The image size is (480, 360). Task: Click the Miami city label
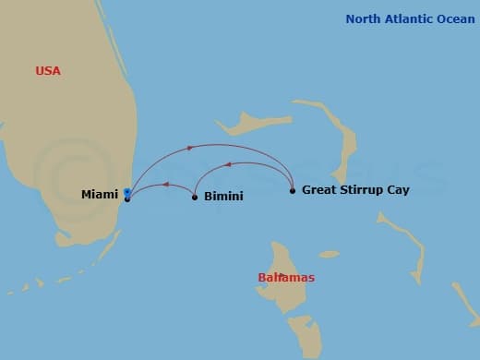point(99,194)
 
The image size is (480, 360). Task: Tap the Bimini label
point(224,197)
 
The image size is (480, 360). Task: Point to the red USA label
point(48,71)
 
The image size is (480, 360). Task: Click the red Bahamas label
point(286,278)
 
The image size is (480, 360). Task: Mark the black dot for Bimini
point(195,197)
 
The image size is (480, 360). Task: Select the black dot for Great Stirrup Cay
point(293,191)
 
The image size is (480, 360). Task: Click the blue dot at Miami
point(126,192)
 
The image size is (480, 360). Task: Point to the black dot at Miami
point(127,198)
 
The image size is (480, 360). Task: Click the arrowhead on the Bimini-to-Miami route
point(164,185)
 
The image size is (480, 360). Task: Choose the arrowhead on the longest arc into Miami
point(190,148)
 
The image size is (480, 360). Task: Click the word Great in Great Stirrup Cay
point(320,190)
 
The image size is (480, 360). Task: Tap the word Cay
point(398,190)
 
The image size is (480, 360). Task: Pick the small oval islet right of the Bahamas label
point(329,254)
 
